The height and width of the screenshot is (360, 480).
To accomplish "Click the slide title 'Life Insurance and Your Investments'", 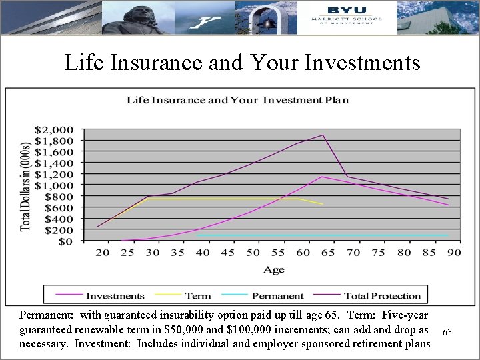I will pos(242,63).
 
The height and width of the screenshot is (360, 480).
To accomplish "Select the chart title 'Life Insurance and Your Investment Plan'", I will pos(238,101).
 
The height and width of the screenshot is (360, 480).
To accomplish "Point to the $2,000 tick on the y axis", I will pos(59,129).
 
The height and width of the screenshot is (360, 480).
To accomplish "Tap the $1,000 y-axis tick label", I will pos(59,185).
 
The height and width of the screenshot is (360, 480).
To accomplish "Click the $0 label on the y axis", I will pos(68,241).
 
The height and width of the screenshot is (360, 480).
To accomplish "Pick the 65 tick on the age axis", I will pos(328,253).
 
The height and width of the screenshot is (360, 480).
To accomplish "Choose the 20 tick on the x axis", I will pos(102,253).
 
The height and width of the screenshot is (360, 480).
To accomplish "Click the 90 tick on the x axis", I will pos(454,253).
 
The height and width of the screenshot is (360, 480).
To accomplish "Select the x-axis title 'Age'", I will pos(273,269).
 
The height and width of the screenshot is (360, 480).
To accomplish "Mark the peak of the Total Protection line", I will pos(323,135).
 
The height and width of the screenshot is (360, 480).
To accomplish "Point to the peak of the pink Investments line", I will pos(322,177).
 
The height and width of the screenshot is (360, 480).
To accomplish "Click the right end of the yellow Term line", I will pos(323,204).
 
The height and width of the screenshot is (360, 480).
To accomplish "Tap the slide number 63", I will pos(447,331).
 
